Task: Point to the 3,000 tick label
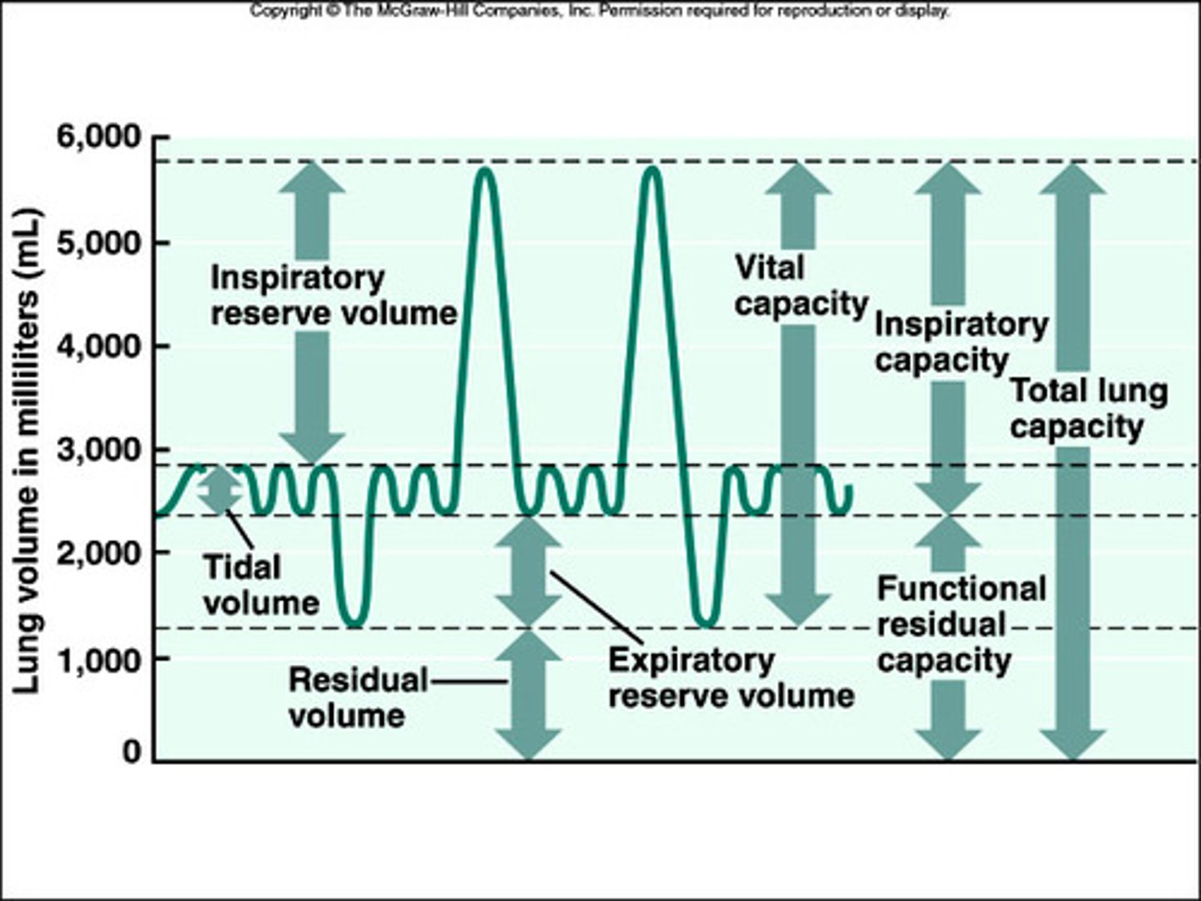tap(98, 450)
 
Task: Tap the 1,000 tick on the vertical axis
tap(98, 659)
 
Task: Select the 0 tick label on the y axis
tap(133, 753)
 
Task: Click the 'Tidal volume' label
tap(260, 586)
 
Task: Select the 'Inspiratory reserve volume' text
tap(333, 295)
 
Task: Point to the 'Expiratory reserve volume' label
tap(731, 678)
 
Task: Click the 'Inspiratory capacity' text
tap(961, 343)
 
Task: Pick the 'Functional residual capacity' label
tap(961, 625)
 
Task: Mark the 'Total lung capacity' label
tap(1088, 409)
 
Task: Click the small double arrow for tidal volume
tap(219, 490)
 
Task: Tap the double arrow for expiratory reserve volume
tap(529, 571)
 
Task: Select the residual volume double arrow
tap(529, 694)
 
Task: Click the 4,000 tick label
tap(98, 346)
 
